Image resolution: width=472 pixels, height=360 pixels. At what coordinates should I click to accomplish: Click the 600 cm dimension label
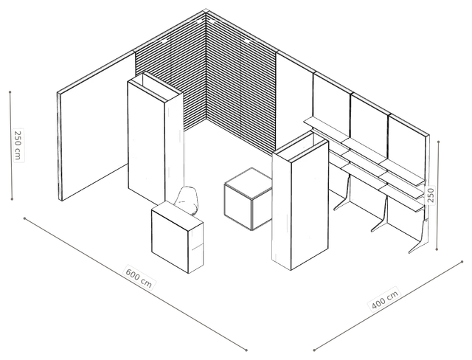click(139, 277)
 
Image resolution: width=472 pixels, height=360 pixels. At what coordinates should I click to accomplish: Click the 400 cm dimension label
click(385, 298)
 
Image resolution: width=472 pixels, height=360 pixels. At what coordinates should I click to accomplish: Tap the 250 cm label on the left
click(18, 145)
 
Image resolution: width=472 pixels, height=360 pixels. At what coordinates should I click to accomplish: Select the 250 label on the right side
click(431, 195)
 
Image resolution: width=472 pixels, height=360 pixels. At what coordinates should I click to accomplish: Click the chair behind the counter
click(187, 200)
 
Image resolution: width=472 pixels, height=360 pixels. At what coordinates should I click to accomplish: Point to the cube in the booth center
click(249, 198)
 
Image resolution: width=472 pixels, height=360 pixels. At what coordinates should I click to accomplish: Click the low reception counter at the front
click(177, 237)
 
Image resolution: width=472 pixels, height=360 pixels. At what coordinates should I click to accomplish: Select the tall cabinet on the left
click(156, 142)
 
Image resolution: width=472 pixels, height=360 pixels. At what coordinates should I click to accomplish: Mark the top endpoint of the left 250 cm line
click(10, 91)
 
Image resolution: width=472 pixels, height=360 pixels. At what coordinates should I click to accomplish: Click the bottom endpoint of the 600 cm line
click(246, 350)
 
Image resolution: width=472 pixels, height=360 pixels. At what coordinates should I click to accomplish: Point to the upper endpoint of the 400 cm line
click(462, 262)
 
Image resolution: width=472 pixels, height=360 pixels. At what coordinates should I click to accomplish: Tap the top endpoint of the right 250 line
click(439, 142)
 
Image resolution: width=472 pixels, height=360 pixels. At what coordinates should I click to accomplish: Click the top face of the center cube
click(249, 183)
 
